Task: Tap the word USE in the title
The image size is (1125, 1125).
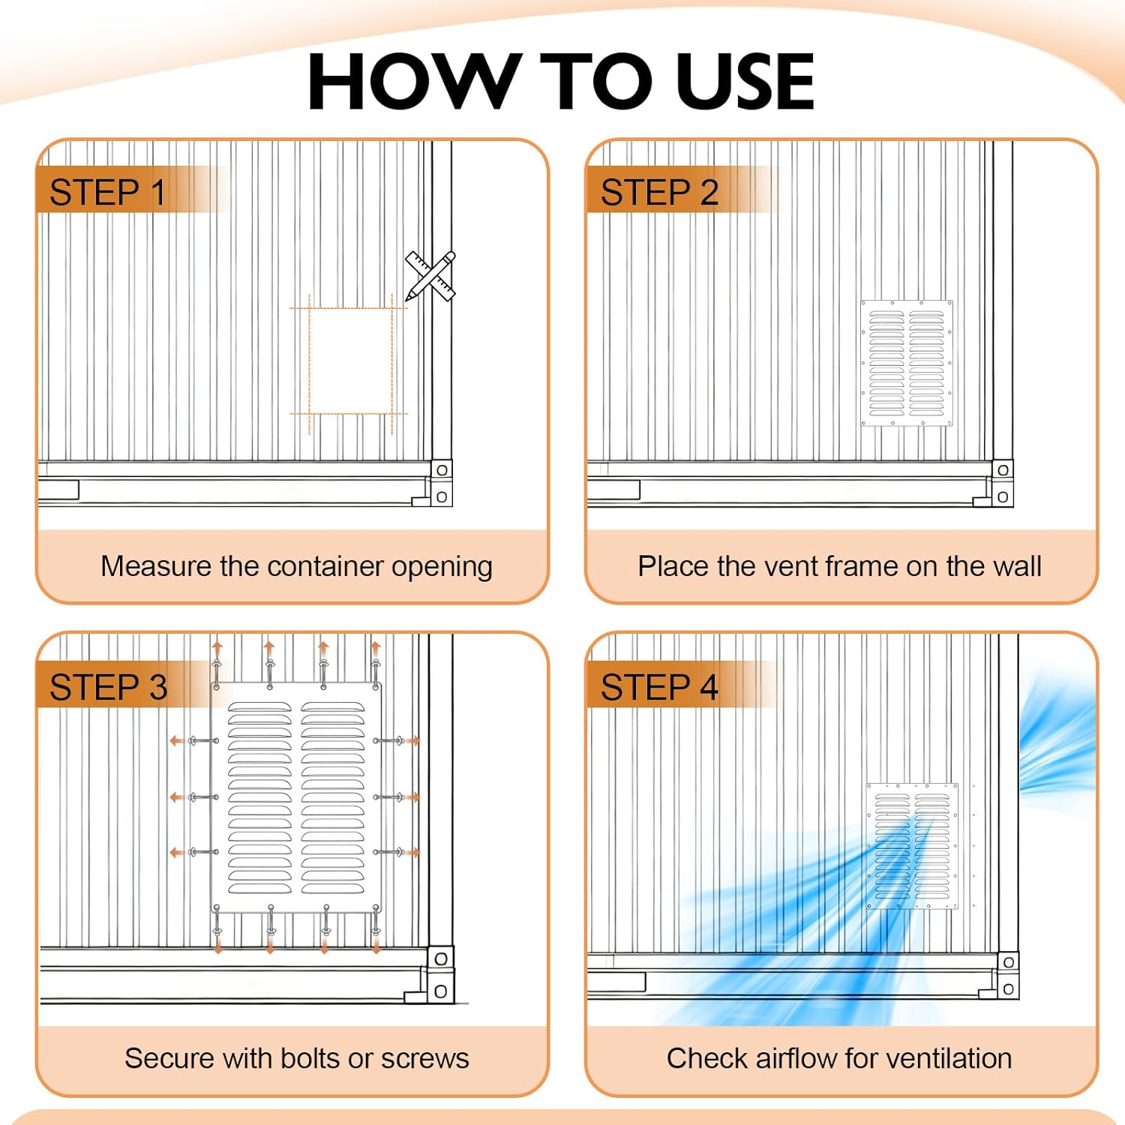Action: click(745, 82)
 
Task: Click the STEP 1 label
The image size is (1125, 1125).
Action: click(108, 193)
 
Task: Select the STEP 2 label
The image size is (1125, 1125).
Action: click(660, 193)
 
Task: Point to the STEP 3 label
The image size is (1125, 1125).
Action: click(109, 688)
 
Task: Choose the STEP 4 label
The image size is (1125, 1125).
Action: click(660, 688)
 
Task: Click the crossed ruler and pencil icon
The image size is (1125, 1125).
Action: click(430, 277)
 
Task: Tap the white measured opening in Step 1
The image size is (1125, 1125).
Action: click(351, 360)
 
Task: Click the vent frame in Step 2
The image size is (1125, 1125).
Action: click(907, 363)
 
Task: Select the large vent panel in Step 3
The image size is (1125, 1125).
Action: click(296, 797)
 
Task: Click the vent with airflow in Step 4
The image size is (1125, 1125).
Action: click(913, 846)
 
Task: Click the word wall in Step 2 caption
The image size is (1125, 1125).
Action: click(1018, 566)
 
